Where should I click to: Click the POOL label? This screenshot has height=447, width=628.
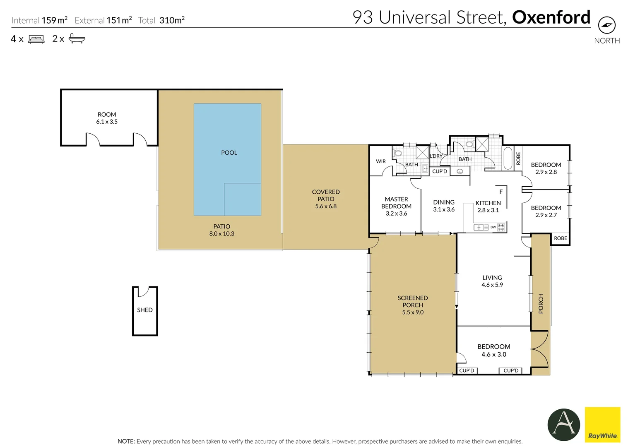coord(229,153)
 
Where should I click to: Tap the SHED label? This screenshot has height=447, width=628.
coord(145,310)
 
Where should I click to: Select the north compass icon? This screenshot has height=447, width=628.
coord(606,25)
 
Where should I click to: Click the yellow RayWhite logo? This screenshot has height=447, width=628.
coord(602,425)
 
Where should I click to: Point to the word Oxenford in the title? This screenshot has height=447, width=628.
coord(551,17)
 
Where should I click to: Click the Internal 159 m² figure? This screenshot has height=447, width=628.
coord(40,20)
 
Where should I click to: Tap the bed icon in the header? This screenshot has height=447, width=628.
coord(36,39)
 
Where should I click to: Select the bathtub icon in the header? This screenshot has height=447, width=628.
coord(77,38)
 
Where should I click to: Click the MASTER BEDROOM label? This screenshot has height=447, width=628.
coord(396,203)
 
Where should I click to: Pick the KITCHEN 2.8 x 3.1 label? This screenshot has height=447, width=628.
coord(488,207)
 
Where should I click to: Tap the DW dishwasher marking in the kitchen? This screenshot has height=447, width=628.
coord(493,227)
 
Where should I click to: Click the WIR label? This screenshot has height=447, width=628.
coord(381,161)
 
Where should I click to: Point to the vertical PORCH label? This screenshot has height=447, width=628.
coord(541,303)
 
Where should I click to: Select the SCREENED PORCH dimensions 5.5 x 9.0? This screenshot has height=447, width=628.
coord(413,312)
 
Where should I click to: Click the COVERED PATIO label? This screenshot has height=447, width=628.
coord(326,195)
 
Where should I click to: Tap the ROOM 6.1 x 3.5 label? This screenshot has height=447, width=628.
coord(107,118)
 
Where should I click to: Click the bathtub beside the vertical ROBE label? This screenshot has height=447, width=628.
coord(508,158)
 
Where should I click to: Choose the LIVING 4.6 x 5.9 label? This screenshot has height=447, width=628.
coord(492,281)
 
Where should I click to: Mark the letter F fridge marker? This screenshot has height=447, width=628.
coord(501,192)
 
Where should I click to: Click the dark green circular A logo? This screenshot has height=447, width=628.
coord(563,425)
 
